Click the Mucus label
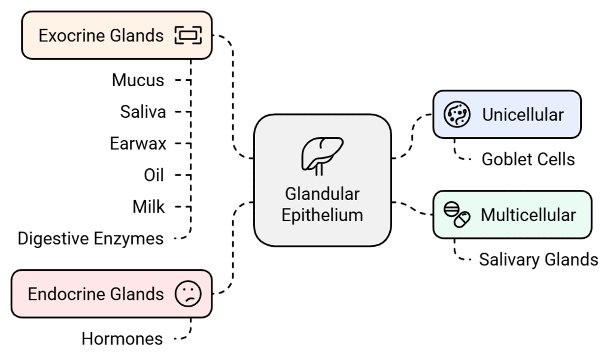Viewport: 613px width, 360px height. tap(138, 80)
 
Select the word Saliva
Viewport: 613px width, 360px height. tap(142, 111)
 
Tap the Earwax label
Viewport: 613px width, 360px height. tap(138, 143)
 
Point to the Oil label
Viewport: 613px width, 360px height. tap(154, 175)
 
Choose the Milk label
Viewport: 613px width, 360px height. tap(148, 207)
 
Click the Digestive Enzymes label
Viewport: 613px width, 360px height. tap(90, 238)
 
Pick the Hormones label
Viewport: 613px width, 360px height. tap(122, 338)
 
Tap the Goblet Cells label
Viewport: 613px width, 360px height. tap(528, 159)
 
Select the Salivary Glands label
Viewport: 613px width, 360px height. tap(538, 259)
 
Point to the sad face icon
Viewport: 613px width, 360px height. tap(188, 294)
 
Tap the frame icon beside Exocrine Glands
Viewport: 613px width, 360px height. tap(188, 36)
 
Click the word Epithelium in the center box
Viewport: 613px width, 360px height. tap(322, 215)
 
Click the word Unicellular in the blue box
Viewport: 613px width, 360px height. tap(523, 114)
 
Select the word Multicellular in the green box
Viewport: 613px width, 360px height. tap(528, 214)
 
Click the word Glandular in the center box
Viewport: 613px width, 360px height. tap(322, 195)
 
